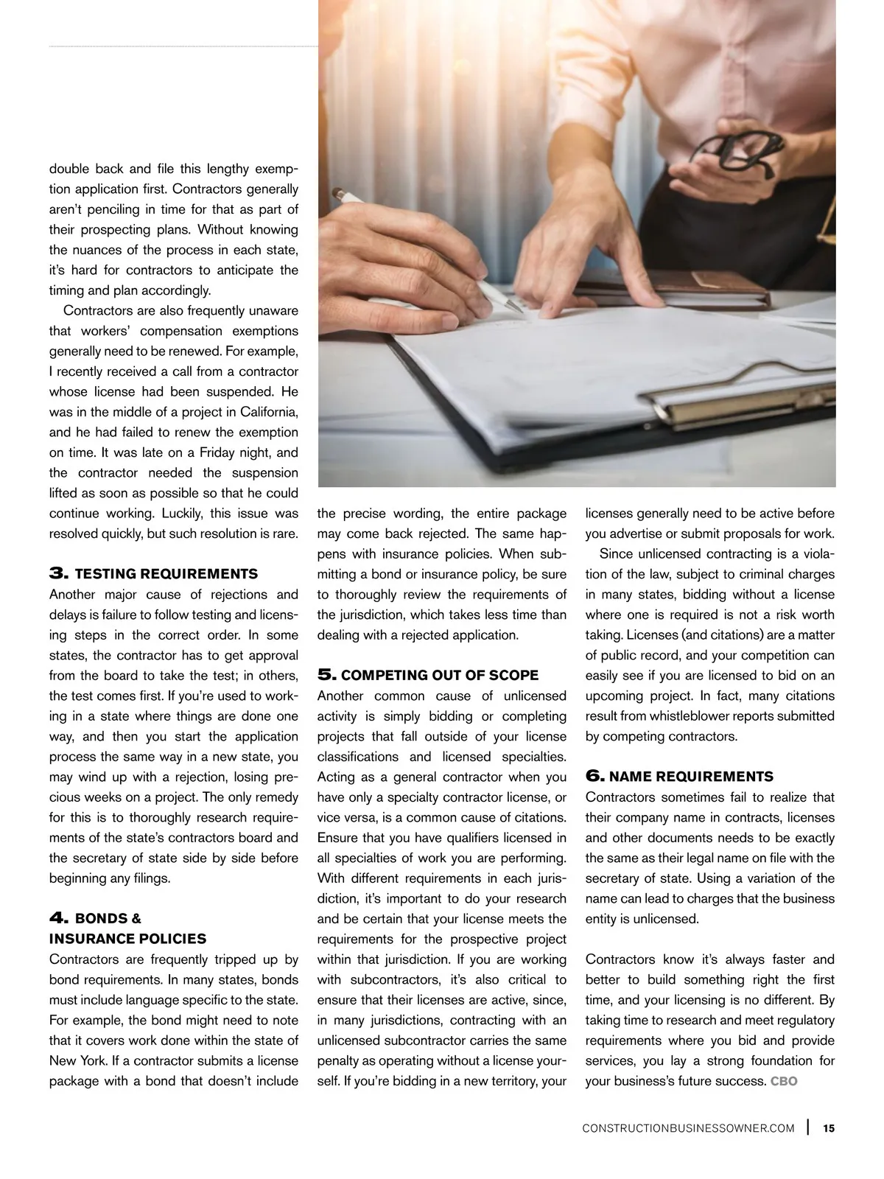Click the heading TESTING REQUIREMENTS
[166, 574]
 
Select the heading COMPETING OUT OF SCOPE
[440, 676]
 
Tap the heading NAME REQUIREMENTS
[691, 777]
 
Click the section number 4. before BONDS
[59, 918]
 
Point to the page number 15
[829, 1128]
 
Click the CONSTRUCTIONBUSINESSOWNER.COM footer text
[688, 1128]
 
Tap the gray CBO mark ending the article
[784, 1082]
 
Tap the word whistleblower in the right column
[712, 716]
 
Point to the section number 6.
[595, 777]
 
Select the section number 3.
[59, 574]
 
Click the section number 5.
[327, 676]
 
